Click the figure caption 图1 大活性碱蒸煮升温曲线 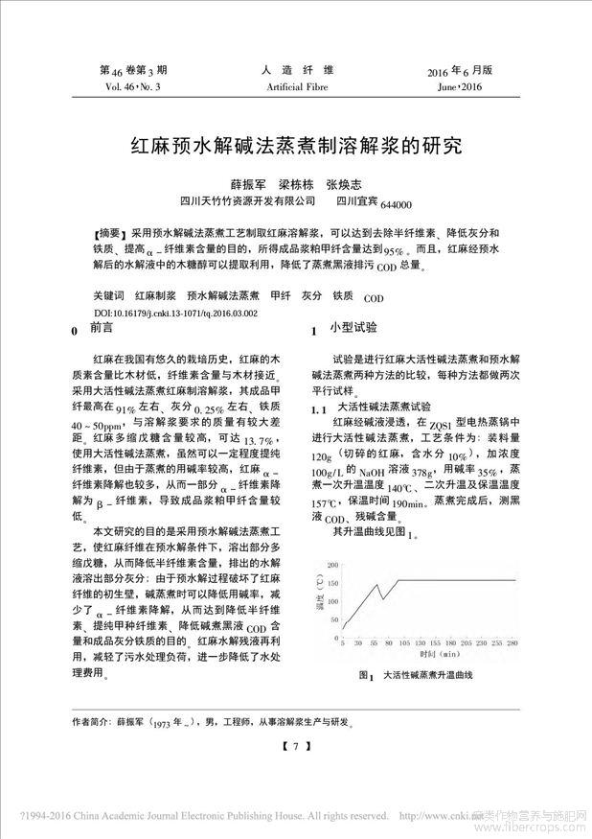click(415, 676)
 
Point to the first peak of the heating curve click(377, 584)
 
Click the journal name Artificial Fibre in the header click(297, 87)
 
